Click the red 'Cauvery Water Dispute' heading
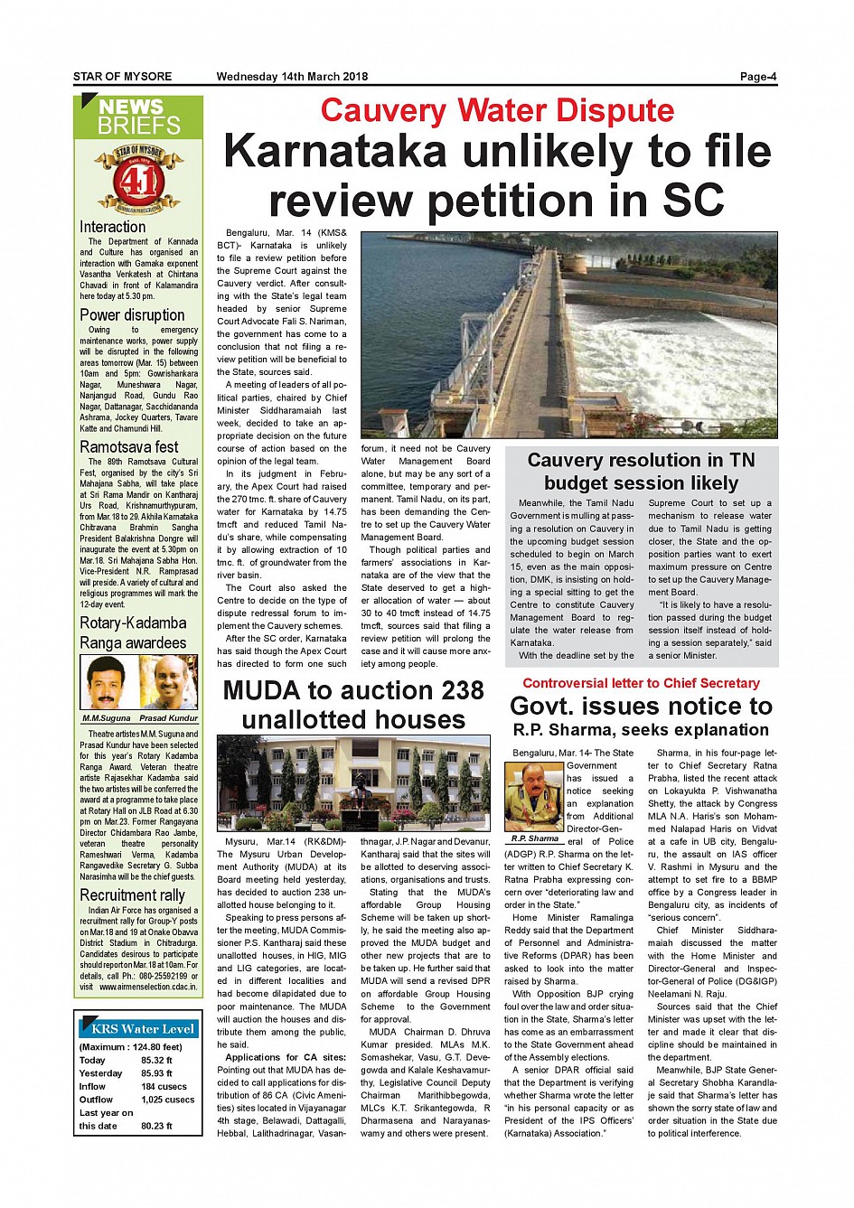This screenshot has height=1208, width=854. (497, 110)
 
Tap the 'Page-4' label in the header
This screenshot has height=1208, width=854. (757, 77)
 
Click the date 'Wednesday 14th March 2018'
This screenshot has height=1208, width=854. (292, 77)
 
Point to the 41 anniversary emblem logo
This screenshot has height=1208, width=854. (138, 179)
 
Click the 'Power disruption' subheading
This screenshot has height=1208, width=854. (132, 315)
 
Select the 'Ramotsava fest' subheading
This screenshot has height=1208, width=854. (129, 447)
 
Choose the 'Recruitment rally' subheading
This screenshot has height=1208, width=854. (132, 895)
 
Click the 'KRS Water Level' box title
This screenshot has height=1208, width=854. (143, 1029)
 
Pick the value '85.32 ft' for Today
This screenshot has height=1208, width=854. (156, 1061)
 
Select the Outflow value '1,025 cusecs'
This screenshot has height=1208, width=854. (167, 1100)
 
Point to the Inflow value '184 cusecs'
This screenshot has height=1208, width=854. (164, 1087)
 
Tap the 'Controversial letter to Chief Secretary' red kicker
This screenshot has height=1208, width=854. (641, 684)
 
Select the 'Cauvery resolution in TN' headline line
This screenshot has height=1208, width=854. (641, 461)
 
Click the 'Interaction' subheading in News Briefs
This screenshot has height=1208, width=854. (112, 228)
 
